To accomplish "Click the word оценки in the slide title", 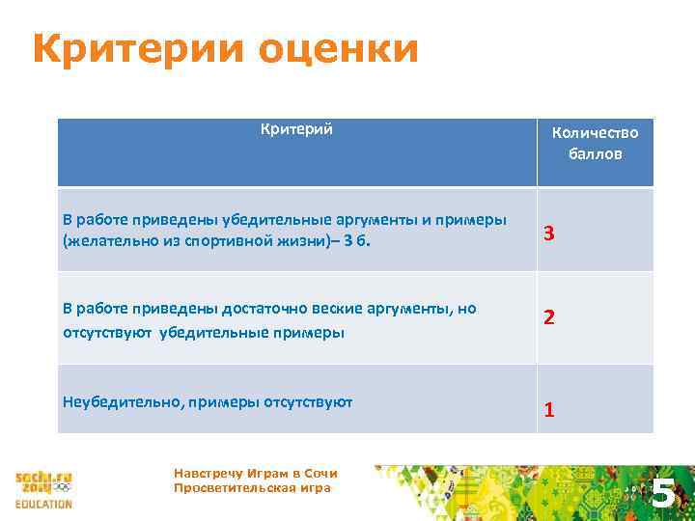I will [332, 50].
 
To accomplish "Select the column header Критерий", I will [296, 129].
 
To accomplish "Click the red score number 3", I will [548, 234].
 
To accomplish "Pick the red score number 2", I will [548, 317].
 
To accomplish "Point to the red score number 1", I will [548, 410].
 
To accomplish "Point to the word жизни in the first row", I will [298, 240].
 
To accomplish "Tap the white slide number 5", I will [662, 494].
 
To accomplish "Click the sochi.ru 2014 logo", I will [43, 483].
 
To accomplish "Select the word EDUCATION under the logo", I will [43, 504].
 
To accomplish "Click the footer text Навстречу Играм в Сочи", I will [255, 473].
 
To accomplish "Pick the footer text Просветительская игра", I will [251, 487].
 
